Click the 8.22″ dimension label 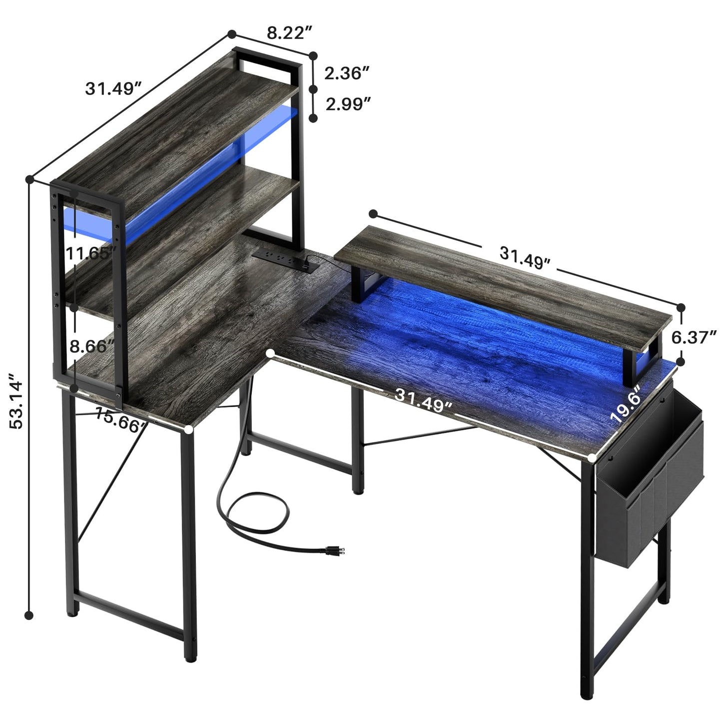[289, 33]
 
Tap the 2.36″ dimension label [347, 73]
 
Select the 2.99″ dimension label [348, 104]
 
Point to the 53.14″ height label [16, 401]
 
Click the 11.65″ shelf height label [90, 254]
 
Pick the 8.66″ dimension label [92, 346]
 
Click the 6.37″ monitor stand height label [694, 337]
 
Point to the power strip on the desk [285, 259]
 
